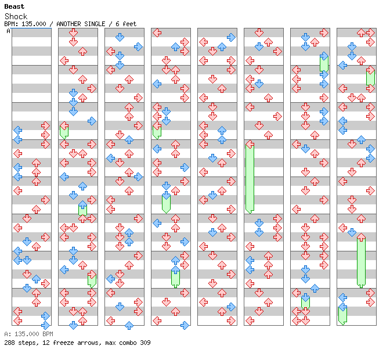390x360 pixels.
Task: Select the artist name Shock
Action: tap(16, 16)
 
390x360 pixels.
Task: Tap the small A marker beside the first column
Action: tap(8, 31)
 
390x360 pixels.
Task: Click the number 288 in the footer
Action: tap(9, 343)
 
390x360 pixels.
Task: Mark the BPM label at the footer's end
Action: tap(47, 334)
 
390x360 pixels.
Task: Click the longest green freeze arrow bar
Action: tap(250, 177)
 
